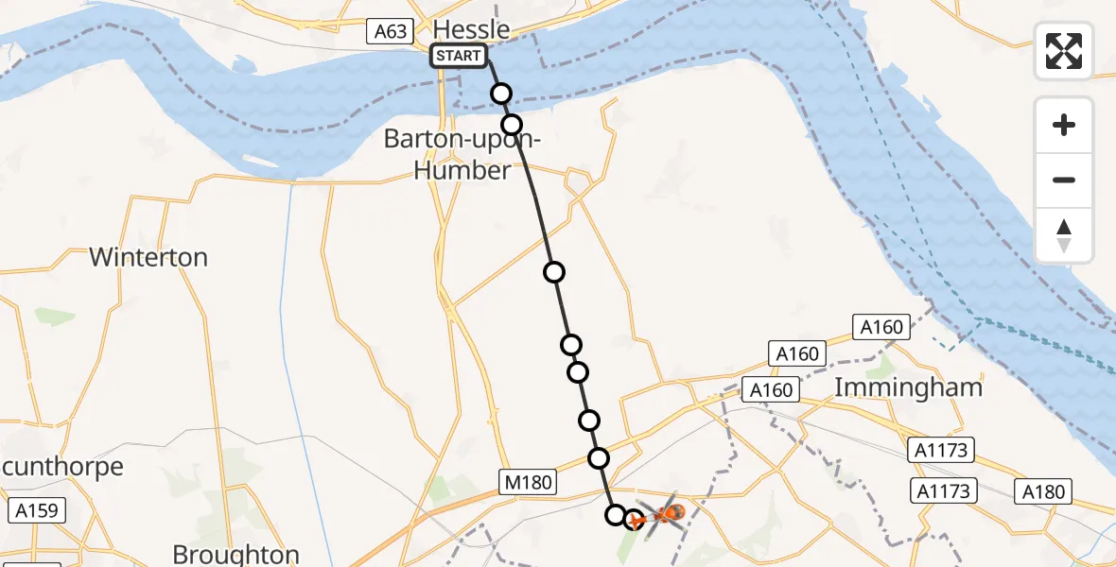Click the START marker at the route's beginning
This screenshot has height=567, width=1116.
pyautogui.click(x=459, y=57)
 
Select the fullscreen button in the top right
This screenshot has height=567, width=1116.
pyautogui.click(x=1064, y=51)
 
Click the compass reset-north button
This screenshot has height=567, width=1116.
pyautogui.click(x=1064, y=235)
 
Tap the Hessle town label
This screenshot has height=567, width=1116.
pyautogui.click(x=471, y=29)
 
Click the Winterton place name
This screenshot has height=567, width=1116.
pyautogui.click(x=148, y=257)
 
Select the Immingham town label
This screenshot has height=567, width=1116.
pyautogui.click(x=909, y=387)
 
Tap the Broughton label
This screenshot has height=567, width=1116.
pyautogui.click(x=236, y=554)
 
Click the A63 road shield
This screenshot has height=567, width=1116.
pyautogui.click(x=390, y=32)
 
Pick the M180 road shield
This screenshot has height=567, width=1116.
pyautogui.click(x=527, y=483)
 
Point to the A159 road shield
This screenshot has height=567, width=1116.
pyautogui.click(x=37, y=511)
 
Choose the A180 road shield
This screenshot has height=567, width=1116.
pyautogui.click(x=1044, y=491)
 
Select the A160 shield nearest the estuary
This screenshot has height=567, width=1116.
pyautogui.click(x=881, y=327)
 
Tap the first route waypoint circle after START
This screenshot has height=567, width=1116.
pyautogui.click(x=501, y=93)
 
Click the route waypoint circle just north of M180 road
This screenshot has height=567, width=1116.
pyautogui.click(x=599, y=458)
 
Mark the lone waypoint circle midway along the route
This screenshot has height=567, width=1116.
pyautogui.click(x=554, y=272)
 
